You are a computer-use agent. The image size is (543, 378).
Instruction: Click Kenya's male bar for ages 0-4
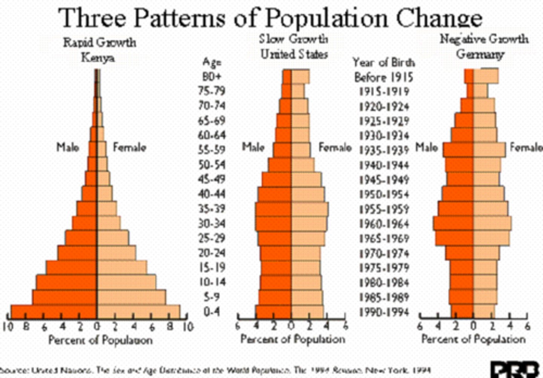54,312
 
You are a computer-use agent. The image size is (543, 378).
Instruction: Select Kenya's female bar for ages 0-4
138,312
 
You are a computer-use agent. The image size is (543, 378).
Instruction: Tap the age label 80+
212,77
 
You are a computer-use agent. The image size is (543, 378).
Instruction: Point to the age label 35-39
212,209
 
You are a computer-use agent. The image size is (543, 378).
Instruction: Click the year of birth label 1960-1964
384,224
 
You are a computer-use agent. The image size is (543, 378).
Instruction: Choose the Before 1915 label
384,77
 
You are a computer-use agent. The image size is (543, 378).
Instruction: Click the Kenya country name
98,58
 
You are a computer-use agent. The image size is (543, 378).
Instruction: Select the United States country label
294,54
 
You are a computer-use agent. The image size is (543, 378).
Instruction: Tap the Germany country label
480,54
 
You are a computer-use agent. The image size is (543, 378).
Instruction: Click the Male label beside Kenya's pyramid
68,147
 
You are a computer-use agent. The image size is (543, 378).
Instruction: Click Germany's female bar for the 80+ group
486,76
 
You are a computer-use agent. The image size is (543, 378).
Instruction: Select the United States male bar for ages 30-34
273,224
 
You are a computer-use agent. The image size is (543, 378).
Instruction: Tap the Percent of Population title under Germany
473,339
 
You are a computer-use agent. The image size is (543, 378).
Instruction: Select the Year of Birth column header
383,62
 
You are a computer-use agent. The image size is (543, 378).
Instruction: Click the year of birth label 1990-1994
384,312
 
